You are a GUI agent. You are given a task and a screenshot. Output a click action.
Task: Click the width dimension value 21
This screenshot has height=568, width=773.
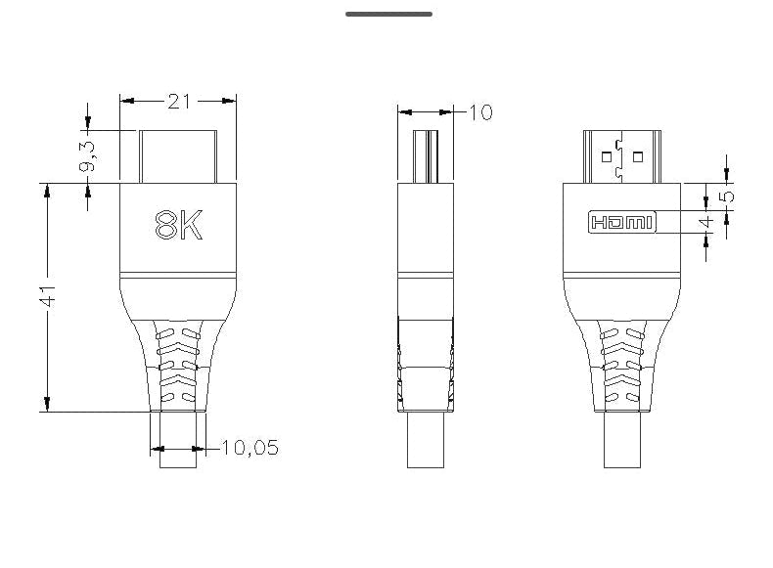[178, 101]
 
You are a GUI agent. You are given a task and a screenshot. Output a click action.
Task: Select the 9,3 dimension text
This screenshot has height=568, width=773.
[88, 156]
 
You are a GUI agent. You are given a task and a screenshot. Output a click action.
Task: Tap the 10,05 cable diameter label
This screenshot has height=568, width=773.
[250, 448]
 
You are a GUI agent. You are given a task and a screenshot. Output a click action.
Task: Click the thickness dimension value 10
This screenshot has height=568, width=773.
[481, 112]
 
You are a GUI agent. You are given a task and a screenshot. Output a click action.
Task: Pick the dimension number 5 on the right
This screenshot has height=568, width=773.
[727, 196]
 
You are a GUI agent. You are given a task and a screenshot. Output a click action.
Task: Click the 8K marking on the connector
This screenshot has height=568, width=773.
[178, 226]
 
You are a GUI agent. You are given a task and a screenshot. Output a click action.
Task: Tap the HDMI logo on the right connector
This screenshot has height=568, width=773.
[621, 223]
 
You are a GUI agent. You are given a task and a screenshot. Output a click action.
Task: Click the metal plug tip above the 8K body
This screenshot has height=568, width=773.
[178, 156]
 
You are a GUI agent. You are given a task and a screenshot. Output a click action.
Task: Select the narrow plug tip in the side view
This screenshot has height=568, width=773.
[427, 156]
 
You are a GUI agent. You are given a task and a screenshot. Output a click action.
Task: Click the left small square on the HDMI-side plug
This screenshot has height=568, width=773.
[607, 154]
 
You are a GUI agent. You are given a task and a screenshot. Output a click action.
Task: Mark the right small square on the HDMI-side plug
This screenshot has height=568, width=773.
[638, 154]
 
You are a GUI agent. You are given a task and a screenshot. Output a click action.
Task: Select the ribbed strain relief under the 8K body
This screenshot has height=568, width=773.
[178, 367]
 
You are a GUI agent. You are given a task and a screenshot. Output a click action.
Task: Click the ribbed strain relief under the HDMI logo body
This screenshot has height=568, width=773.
[622, 367]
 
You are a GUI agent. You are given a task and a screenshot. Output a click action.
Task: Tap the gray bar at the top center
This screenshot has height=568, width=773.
[388, 15]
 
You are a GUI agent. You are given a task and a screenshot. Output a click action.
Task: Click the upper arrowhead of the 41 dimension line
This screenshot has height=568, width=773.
[46, 191]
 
